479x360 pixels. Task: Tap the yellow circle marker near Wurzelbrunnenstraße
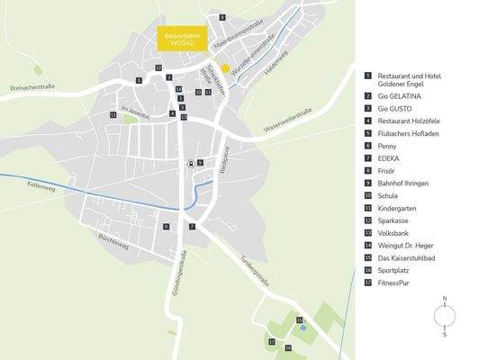(x=226, y=67)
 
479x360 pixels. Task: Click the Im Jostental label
(x=132, y=109)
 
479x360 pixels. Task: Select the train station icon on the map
(x=190, y=163)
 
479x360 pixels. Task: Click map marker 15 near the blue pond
(x=300, y=319)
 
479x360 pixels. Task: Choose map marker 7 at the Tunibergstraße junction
(x=192, y=227)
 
